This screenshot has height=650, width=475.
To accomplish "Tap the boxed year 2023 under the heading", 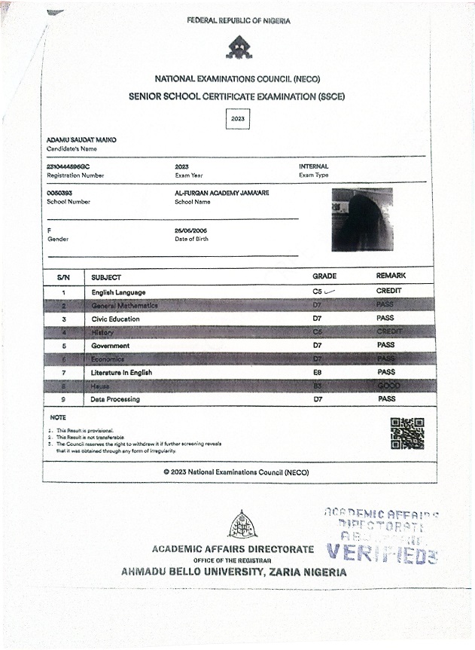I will [x=238, y=119].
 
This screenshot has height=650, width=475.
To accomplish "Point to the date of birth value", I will [x=191, y=229].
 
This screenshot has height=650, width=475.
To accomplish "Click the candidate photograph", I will [x=362, y=219].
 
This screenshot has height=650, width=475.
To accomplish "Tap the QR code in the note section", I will [x=407, y=433].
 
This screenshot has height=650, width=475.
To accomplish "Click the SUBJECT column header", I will [x=106, y=277].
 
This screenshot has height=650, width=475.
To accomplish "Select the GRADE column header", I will [x=324, y=276].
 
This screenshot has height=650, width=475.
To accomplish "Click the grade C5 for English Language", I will [x=318, y=291].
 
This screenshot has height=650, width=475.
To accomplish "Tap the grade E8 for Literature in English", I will [x=318, y=372].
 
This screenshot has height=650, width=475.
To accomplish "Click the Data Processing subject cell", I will [x=115, y=399].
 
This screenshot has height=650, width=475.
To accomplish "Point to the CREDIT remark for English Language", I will [x=389, y=291].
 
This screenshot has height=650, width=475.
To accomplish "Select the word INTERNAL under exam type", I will [x=314, y=166].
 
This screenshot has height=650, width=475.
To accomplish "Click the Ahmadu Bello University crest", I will [x=242, y=524].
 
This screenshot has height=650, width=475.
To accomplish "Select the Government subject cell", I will [x=111, y=346].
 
